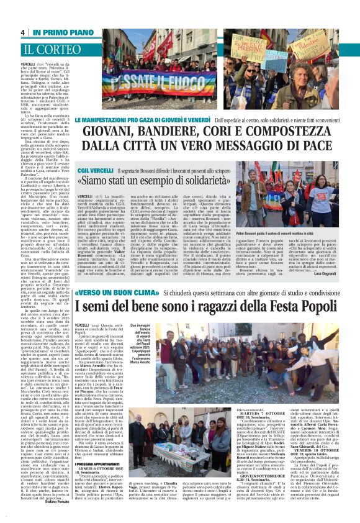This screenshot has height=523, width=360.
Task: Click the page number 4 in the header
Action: tap(22, 32)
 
